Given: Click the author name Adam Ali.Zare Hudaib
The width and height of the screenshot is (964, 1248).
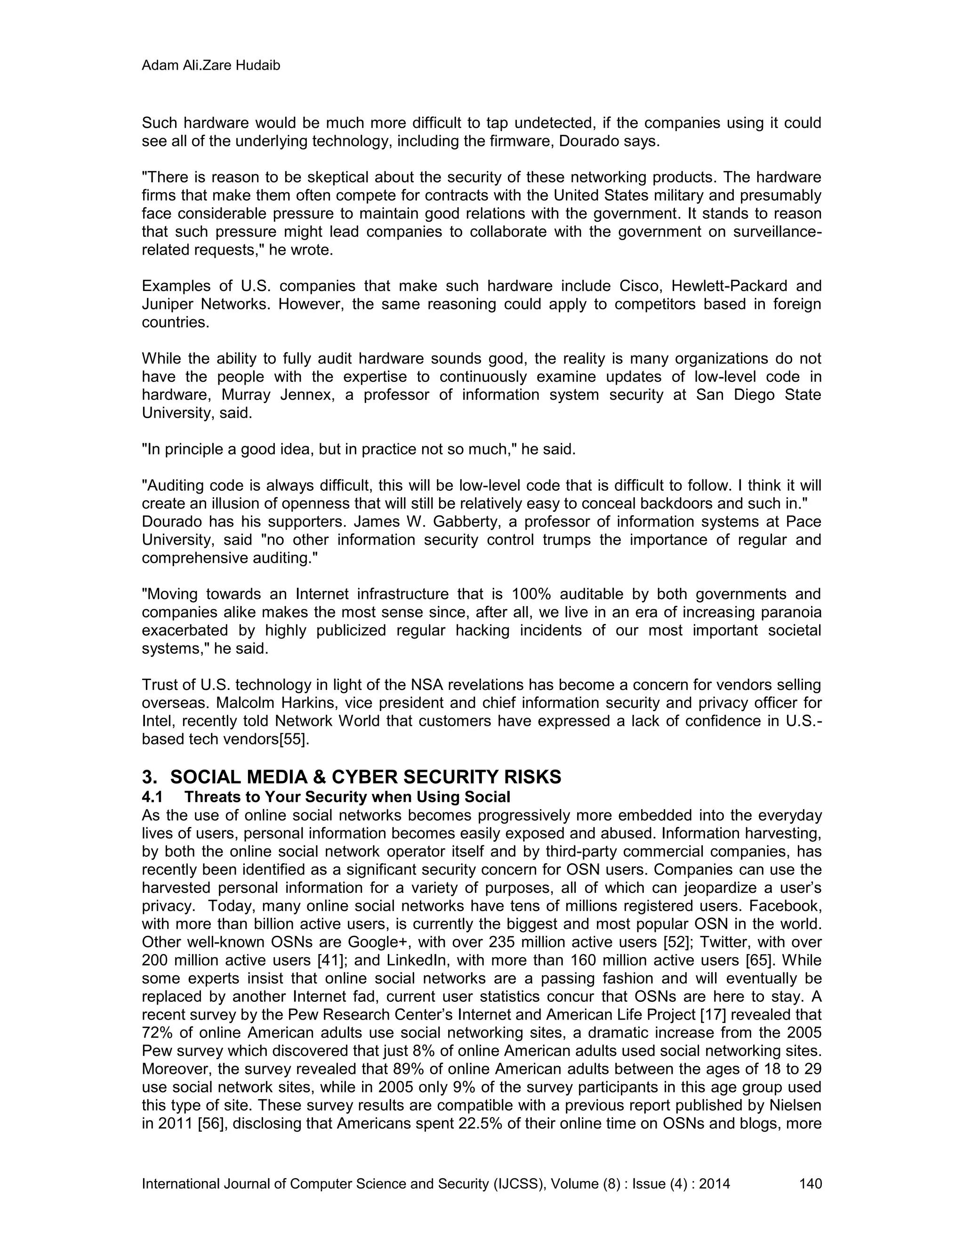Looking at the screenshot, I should pos(211,66).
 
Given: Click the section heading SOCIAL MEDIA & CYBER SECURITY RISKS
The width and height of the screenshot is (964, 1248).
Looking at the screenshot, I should pos(365,777).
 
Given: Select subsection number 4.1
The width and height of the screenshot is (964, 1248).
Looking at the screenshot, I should pos(153,796).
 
